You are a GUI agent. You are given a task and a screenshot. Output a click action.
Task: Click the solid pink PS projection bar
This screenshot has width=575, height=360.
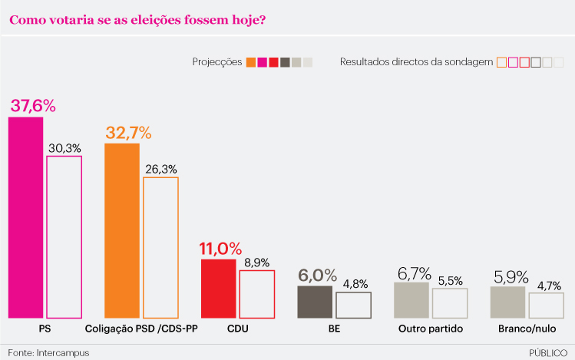tap(25, 217)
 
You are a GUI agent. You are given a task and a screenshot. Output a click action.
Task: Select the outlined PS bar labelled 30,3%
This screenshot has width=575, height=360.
tap(64, 236)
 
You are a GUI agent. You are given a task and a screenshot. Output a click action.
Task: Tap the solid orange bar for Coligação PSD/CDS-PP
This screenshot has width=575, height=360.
tap(122, 230)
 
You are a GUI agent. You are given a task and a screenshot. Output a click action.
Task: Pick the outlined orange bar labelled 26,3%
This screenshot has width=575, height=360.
tap(160, 247)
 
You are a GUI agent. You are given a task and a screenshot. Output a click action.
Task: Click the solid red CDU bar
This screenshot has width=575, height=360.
tap(218, 289)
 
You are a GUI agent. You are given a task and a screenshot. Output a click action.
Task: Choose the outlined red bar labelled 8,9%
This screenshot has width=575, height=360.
tap(256, 294)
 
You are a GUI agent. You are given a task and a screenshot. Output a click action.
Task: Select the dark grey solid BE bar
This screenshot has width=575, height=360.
tap(315, 302)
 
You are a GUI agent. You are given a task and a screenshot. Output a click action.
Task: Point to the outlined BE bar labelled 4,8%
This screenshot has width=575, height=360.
tap(353, 305)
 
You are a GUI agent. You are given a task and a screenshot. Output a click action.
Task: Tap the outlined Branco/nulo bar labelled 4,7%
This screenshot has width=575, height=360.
tap(546, 306)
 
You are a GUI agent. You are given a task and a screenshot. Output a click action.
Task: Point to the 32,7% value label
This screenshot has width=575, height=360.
tap(129, 132)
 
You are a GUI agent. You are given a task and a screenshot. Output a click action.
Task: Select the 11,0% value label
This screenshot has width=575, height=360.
tap(220, 249)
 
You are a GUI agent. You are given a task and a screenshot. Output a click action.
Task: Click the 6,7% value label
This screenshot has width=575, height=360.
tap(414, 273)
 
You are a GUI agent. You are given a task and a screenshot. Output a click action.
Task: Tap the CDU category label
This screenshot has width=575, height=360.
tap(238, 329)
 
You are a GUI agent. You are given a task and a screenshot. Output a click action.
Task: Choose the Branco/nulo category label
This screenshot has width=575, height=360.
tap(526, 329)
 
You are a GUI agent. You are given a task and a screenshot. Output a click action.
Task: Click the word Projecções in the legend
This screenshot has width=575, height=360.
tap(217, 62)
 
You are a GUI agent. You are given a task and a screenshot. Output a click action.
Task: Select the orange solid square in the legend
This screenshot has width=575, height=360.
tap(251, 63)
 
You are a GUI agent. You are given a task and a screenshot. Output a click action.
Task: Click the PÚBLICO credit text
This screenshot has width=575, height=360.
tap(548, 352)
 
